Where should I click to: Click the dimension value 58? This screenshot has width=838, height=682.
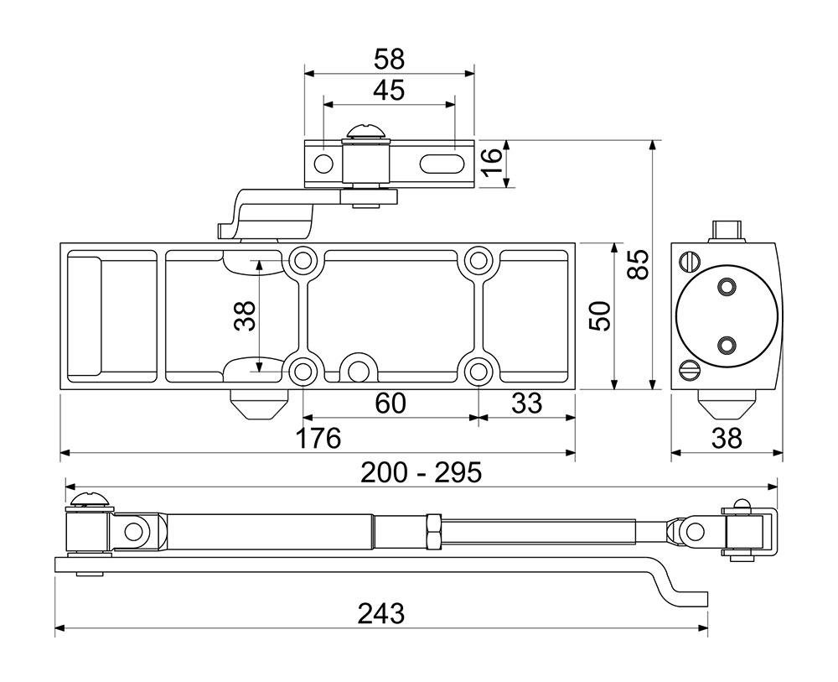[389, 59]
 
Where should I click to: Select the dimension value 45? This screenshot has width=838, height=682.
[389, 91]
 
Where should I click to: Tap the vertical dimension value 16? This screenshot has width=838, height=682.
[491, 163]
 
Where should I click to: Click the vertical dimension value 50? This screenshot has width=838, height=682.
[599, 315]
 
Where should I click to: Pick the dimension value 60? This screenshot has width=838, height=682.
[391, 403]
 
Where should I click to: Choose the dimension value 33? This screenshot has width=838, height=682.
[526, 403]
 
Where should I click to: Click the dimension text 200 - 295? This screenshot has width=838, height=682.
[422, 472]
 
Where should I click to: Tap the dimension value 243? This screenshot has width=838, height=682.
[381, 613]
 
